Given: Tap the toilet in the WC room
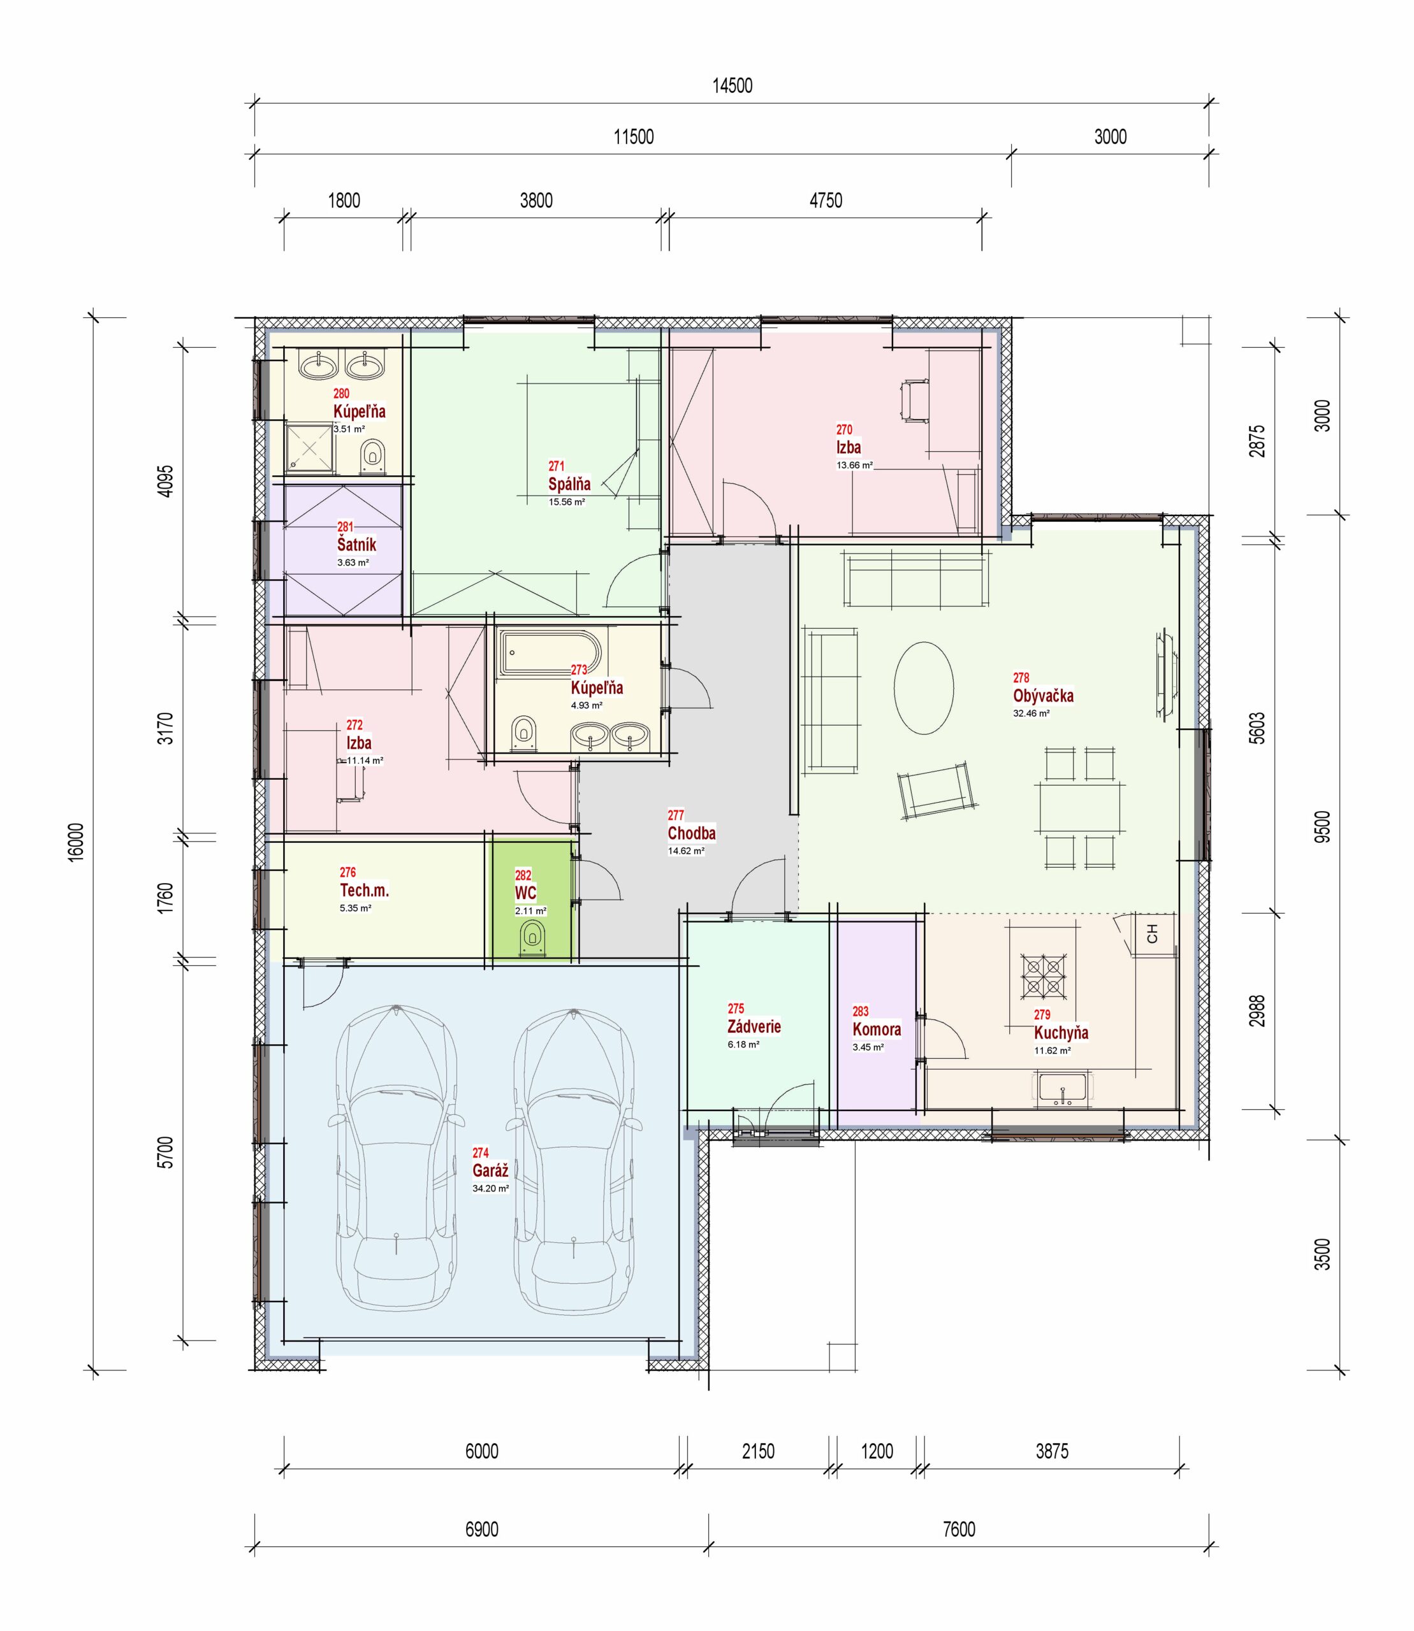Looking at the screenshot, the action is coord(532,939).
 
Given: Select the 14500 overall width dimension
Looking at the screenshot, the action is coord(733,86).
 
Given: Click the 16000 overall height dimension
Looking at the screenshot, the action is coord(76,842).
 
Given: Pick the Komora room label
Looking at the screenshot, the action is coord(877,1029).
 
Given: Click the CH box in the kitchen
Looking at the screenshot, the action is coord(1153,935).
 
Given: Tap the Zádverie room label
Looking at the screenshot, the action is coord(754,1026).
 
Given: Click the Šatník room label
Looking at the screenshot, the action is coord(356,544).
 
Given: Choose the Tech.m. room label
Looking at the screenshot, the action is coord(365,889).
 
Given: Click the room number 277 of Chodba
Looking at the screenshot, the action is coord(675,815).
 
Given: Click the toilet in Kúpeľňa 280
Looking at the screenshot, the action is coord(373,456).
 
